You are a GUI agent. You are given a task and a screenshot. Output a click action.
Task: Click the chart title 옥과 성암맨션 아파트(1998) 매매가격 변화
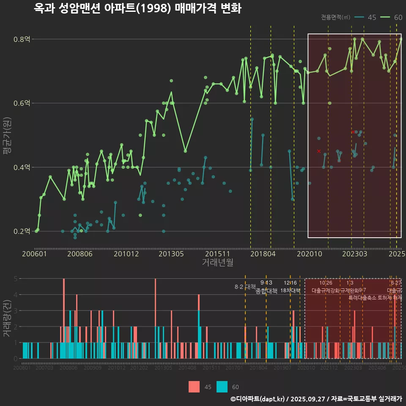pos(137,8)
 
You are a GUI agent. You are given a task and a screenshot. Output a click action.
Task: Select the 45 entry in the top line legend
pos(366,17)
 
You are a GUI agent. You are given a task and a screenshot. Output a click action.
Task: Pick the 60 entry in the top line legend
pos(393,17)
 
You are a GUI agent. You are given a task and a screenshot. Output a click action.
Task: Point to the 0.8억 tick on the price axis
pos(22,39)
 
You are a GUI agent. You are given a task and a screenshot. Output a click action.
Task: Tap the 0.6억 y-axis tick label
pos(22,103)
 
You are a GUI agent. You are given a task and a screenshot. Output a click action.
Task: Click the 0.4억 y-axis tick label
pos(22,167)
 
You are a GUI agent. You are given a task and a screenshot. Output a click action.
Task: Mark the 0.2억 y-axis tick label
pos(22,231)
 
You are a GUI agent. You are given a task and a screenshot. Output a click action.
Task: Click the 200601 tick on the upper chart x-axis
pos(34,254)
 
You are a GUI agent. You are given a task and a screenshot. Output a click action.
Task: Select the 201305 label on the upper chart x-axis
pos(171,254)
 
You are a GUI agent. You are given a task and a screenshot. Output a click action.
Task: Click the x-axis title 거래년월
pos(217,263)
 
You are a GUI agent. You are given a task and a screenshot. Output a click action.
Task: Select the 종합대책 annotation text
pos(266,291)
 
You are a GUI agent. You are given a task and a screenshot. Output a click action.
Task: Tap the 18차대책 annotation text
pos(290,291)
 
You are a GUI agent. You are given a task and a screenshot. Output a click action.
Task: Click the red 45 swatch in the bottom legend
pos(194,387)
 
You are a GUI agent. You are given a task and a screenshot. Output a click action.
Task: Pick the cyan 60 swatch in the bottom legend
pos(222,387)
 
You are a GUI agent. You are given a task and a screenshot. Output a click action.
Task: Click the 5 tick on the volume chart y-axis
pos(15,279)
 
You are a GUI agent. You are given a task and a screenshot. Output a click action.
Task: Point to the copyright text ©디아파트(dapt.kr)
pos(258,399)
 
